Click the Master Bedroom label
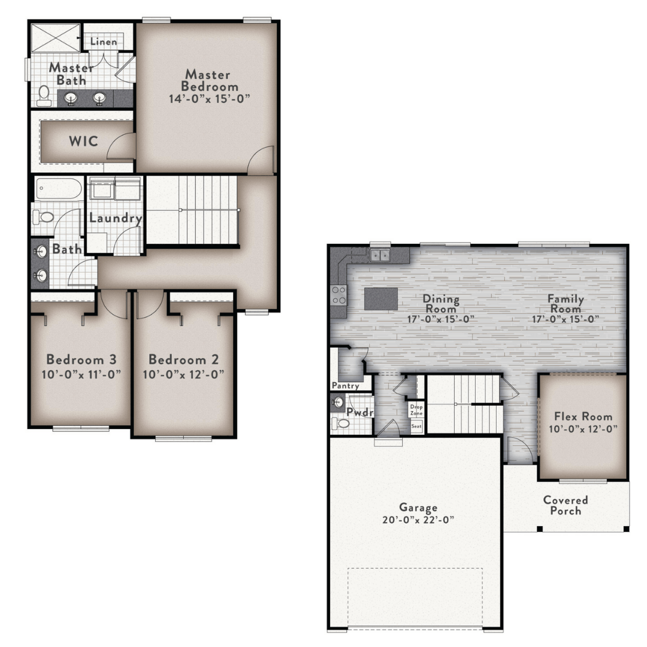pos(210,80)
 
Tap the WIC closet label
pos(84,141)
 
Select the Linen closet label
pos(104,42)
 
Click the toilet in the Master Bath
pos(43,96)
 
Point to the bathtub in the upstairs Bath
pos(59,189)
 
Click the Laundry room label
pos(116,218)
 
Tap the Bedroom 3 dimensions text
pos(81,374)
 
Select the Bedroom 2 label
pos(184,359)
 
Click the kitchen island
pos(381,299)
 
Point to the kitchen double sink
pos(380,255)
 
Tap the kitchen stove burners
pos(338,295)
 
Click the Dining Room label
pos(441,304)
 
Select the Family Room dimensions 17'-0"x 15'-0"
pos(566,319)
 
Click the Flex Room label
pos(583,416)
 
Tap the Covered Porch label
pos(566,506)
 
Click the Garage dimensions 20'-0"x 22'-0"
pos(418,519)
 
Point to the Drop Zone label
pos(416,410)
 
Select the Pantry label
pos(346,386)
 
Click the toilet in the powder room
pos(340,424)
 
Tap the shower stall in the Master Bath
pos(56,38)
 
